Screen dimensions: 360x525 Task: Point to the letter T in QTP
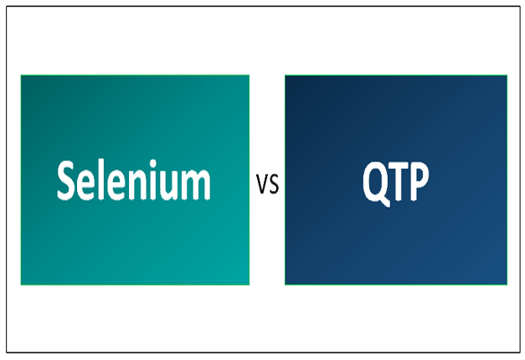pos(398,181)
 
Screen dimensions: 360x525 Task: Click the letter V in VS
pos(262,185)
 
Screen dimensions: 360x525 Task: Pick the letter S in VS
pos(273,185)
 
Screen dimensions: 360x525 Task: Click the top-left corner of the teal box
pos(21,75)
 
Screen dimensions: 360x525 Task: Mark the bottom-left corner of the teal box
pos(21,284)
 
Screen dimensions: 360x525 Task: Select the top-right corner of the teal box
pos(249,75)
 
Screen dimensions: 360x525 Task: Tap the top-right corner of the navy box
pos(507,75)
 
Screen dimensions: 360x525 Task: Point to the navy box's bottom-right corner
pos(507,284)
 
